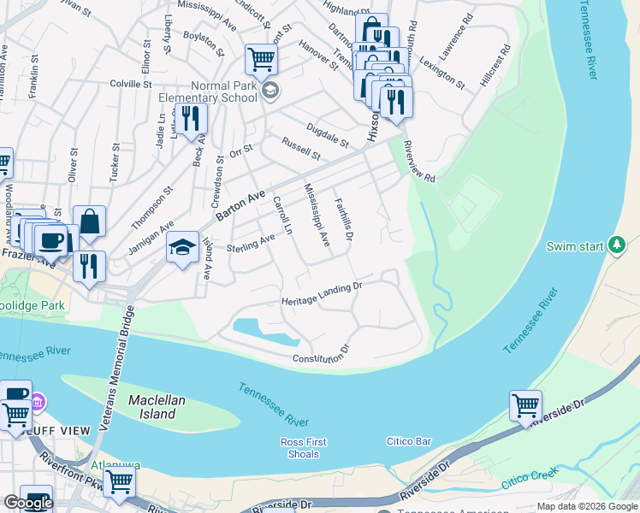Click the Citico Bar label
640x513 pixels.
tap(409, 441)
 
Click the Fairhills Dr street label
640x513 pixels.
tap(343, 218)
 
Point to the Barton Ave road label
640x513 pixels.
tap(240, 205)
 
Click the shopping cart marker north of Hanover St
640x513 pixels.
tap(261, 60)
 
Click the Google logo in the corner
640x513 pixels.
tap(28, 503)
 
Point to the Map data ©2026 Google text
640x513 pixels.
tap(586, 506)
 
